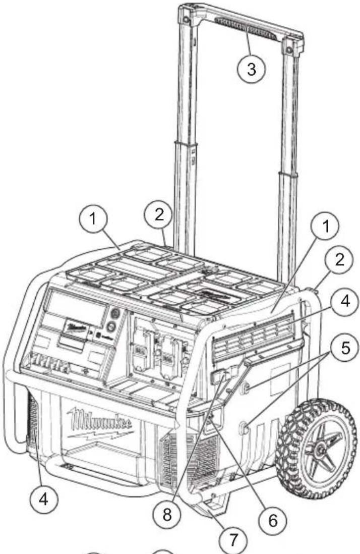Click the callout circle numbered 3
coord(250,69)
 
